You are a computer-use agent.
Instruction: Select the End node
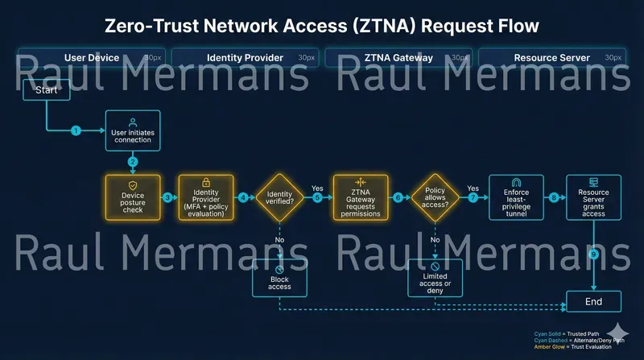tap(594, 301)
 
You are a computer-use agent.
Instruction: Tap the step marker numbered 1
tap(76, 130)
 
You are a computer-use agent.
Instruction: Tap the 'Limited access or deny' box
tap(436, 276)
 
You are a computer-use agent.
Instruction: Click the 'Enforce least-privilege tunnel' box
tap(516, 197)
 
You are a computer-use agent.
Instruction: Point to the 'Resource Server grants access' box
tap(593, 197)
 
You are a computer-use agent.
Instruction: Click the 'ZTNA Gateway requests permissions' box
tap(361, 197)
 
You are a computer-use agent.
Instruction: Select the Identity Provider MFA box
tap(206, 197)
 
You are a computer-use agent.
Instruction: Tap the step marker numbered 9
tap(594, 254)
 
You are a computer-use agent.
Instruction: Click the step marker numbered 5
tap(317, 198)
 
